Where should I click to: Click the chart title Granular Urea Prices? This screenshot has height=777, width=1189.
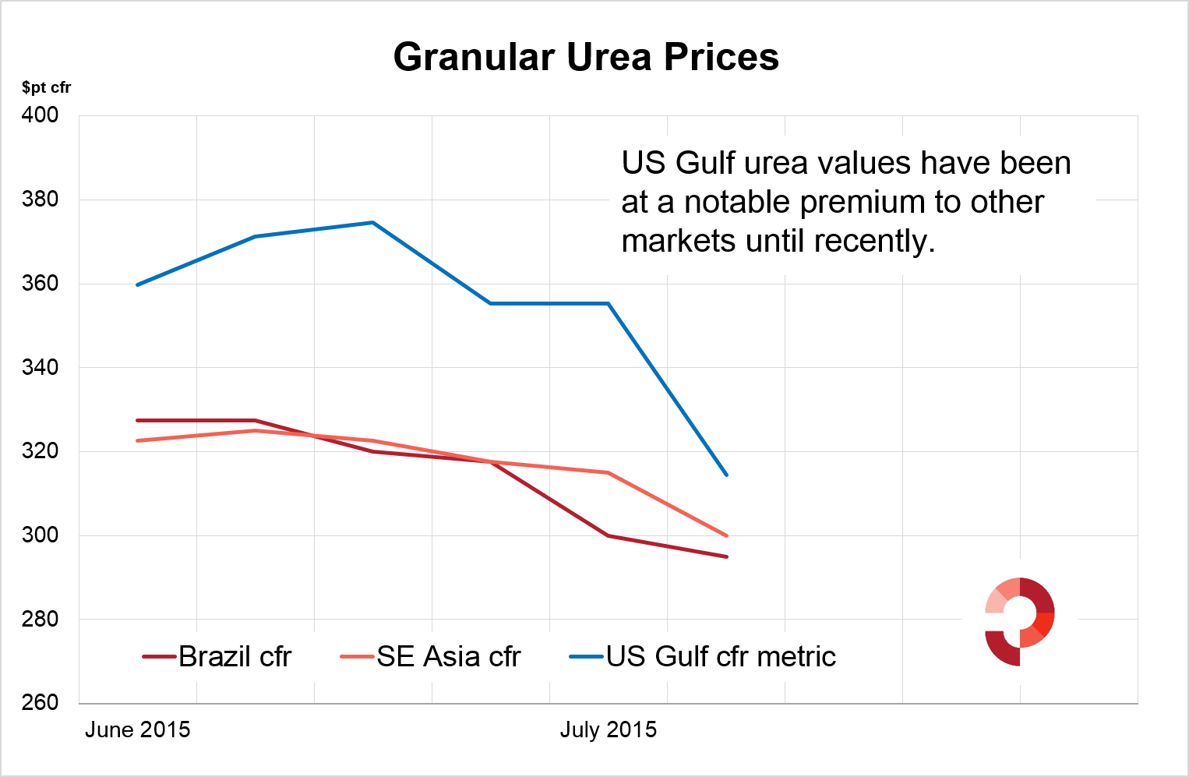point(586,57)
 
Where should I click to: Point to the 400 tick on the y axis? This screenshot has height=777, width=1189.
point(40,115)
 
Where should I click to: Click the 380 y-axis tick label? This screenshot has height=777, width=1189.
point(40,200)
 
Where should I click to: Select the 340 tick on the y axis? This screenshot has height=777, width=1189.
point(40,367)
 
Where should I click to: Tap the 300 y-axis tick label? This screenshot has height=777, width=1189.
point(40,535)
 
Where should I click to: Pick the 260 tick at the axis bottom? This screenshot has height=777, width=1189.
point(40,702)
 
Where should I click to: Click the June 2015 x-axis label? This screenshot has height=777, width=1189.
point(137,730)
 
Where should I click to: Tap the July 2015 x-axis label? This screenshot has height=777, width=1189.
point(608,730)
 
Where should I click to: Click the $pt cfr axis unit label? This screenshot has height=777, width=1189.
point(46,87)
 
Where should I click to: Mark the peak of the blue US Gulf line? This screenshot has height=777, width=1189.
point(372,223)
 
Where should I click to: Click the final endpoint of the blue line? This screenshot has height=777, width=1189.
point(726,475)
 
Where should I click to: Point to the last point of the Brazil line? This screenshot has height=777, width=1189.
point(726,556)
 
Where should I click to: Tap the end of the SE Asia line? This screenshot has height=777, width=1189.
point(726,535)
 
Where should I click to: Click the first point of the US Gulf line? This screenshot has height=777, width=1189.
point(138,284)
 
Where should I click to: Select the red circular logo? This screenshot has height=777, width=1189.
point(1019,621)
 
